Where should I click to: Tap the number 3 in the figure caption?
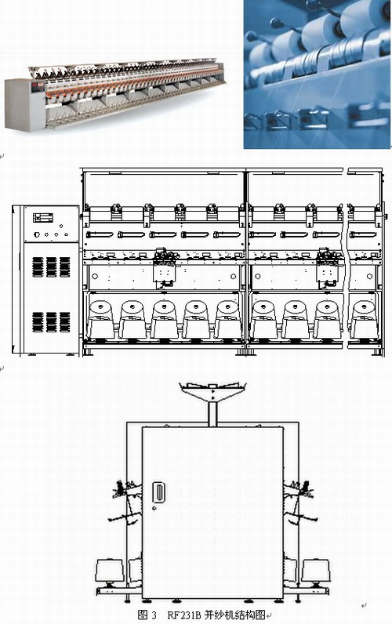pyautogui.click(x=154, y=615)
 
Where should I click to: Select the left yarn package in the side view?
pyautogui.click(x=110, y=571)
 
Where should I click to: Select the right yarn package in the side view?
pyautogui.click(x=316, y=571)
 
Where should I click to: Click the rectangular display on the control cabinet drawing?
pyautogui.click(x=43, y=218)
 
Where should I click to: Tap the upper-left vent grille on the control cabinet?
pyautogui.click(x=38, y=267)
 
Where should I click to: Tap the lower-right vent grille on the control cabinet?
pyautogui.click(x=65, y=322)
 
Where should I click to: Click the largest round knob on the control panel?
pyautogui.click(x=37, y=235)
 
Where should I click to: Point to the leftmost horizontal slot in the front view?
pyautogui.click(x=100, y=235)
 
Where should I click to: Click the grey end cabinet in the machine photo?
pyautogui.click(x=24, y=105)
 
